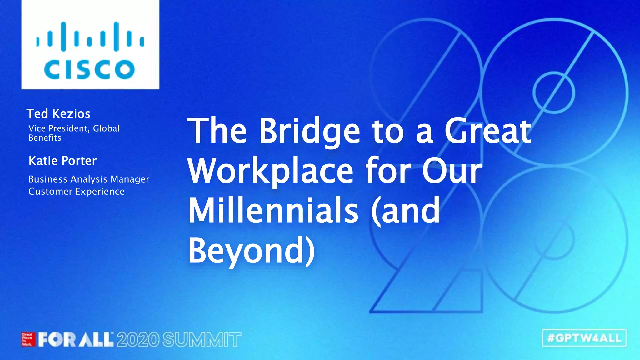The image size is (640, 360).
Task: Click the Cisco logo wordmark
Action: coord(90,69)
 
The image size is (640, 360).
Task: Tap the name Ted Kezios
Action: coord(58,114)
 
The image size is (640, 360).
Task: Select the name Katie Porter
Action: coord(62,161)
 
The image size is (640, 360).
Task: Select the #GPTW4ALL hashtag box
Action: coord(584,338)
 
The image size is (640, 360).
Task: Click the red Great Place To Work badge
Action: coord(27,340)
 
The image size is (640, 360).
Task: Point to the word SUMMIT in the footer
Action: coord(202,340)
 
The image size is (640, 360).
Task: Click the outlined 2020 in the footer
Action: coord(138,340)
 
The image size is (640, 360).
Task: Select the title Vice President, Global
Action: coord(74,128)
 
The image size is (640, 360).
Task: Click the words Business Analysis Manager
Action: coord(89,179)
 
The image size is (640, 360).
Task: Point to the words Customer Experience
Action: coord(76,191)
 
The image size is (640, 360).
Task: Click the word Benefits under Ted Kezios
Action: coord(45,138)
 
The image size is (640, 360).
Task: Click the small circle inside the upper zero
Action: coord(553,92)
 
